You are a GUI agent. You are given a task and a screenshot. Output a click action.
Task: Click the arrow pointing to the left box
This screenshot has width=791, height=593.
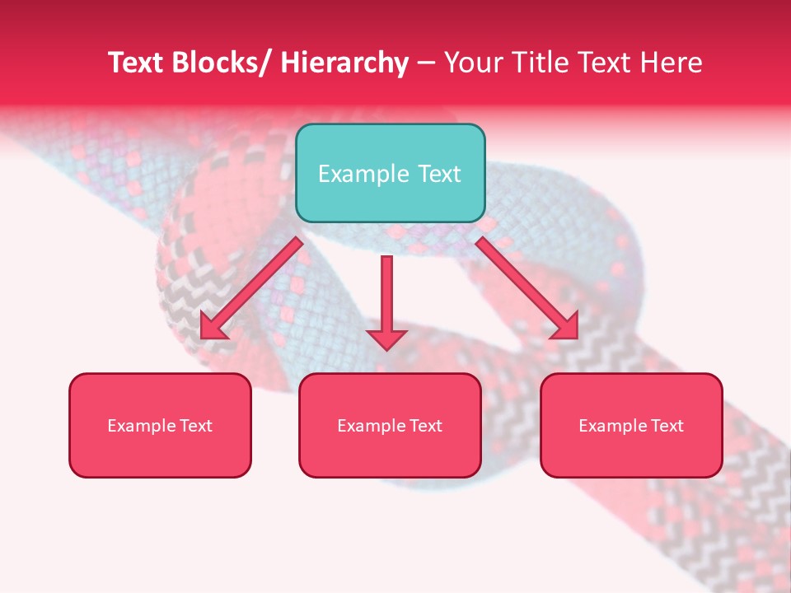click(251, 287)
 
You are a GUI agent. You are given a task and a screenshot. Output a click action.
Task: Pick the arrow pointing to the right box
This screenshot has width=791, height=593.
click(527, 287)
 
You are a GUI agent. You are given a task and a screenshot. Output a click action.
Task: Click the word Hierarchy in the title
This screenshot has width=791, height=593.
click(344, 63)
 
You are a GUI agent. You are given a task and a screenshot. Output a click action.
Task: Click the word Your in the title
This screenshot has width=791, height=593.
click(473, 63)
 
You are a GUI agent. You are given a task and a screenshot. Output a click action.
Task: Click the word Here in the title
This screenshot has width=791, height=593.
click(672, 63)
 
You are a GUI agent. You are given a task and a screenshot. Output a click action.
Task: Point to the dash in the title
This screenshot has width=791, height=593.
click(426, 63)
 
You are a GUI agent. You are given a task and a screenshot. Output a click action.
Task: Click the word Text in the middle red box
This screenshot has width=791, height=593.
click(425, 426)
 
